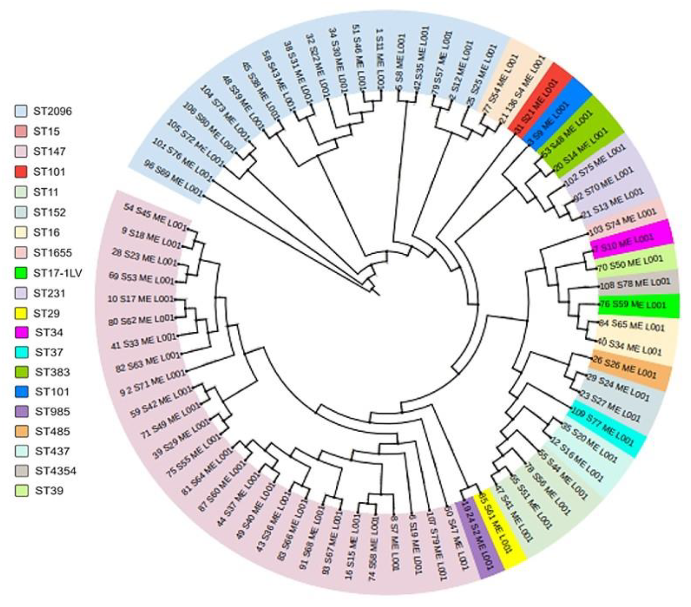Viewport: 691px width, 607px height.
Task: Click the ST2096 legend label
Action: pyautogui.click(x=53, y=112)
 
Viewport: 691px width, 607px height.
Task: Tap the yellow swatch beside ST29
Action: pyautogui.click(x=21, y=313)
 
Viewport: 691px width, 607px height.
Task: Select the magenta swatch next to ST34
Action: pyautogui.click(x=21, y=333)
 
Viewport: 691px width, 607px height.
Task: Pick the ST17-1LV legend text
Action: pyautogui.click(x=57, y=273)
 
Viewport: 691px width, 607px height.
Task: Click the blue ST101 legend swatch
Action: pyautogui.click(x=21, y=392)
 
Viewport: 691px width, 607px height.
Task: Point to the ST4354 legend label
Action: pyautogui.click(x=55, y=471)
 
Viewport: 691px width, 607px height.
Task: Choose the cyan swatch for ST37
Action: pyautogui.click(x=21, y=353)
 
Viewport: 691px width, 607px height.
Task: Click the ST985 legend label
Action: pyautogui.click(x=53, y=412)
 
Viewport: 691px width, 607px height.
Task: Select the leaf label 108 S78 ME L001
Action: pyautogui.click(x=634, y=284)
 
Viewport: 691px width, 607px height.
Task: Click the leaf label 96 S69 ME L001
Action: pyautogui.click(x=173, y=178)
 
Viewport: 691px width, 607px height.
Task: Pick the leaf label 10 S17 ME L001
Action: pyautogui.click(x=141, y=299)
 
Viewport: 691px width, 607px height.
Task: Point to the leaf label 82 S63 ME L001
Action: pyautogui.click(x=147, y=362)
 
